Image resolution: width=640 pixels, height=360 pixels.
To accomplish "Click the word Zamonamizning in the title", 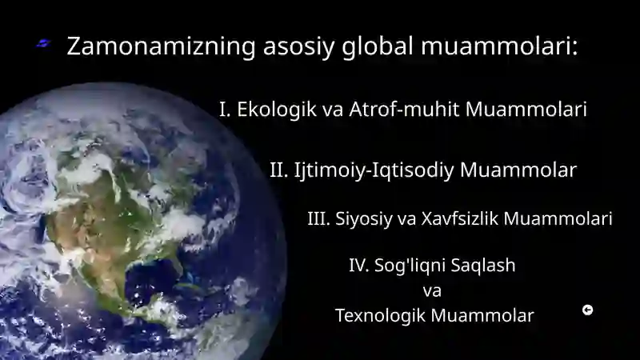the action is pos(162,46).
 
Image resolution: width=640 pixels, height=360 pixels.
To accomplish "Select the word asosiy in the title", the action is pos(298,47).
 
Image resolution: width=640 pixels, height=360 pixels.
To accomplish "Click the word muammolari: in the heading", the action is pos(499,46).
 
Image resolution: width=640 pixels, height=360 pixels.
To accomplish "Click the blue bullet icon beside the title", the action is pos(43,43).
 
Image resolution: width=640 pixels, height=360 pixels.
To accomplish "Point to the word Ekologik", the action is pos(277,110).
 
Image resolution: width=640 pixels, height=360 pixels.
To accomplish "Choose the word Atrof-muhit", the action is pos(404,109).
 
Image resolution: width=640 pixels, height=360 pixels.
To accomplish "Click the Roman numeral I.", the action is pos(225,110).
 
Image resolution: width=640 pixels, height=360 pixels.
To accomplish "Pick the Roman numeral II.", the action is pos(279,170).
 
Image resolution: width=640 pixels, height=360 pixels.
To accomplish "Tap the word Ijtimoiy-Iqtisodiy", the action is pos(374,170).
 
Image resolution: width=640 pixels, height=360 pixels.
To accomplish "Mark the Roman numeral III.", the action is pos(318,218).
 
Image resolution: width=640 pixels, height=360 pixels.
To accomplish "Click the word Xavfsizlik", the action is pos(459,218).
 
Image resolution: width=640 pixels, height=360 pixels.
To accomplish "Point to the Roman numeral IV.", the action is pos(358,266).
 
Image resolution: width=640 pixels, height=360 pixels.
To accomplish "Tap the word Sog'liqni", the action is pos(407,266).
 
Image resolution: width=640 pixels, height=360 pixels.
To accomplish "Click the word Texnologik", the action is pos(380,316).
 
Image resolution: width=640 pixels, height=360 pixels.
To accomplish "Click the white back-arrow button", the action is pos(587,310).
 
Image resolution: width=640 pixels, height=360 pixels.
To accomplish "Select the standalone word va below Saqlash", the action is pos(432,291).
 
